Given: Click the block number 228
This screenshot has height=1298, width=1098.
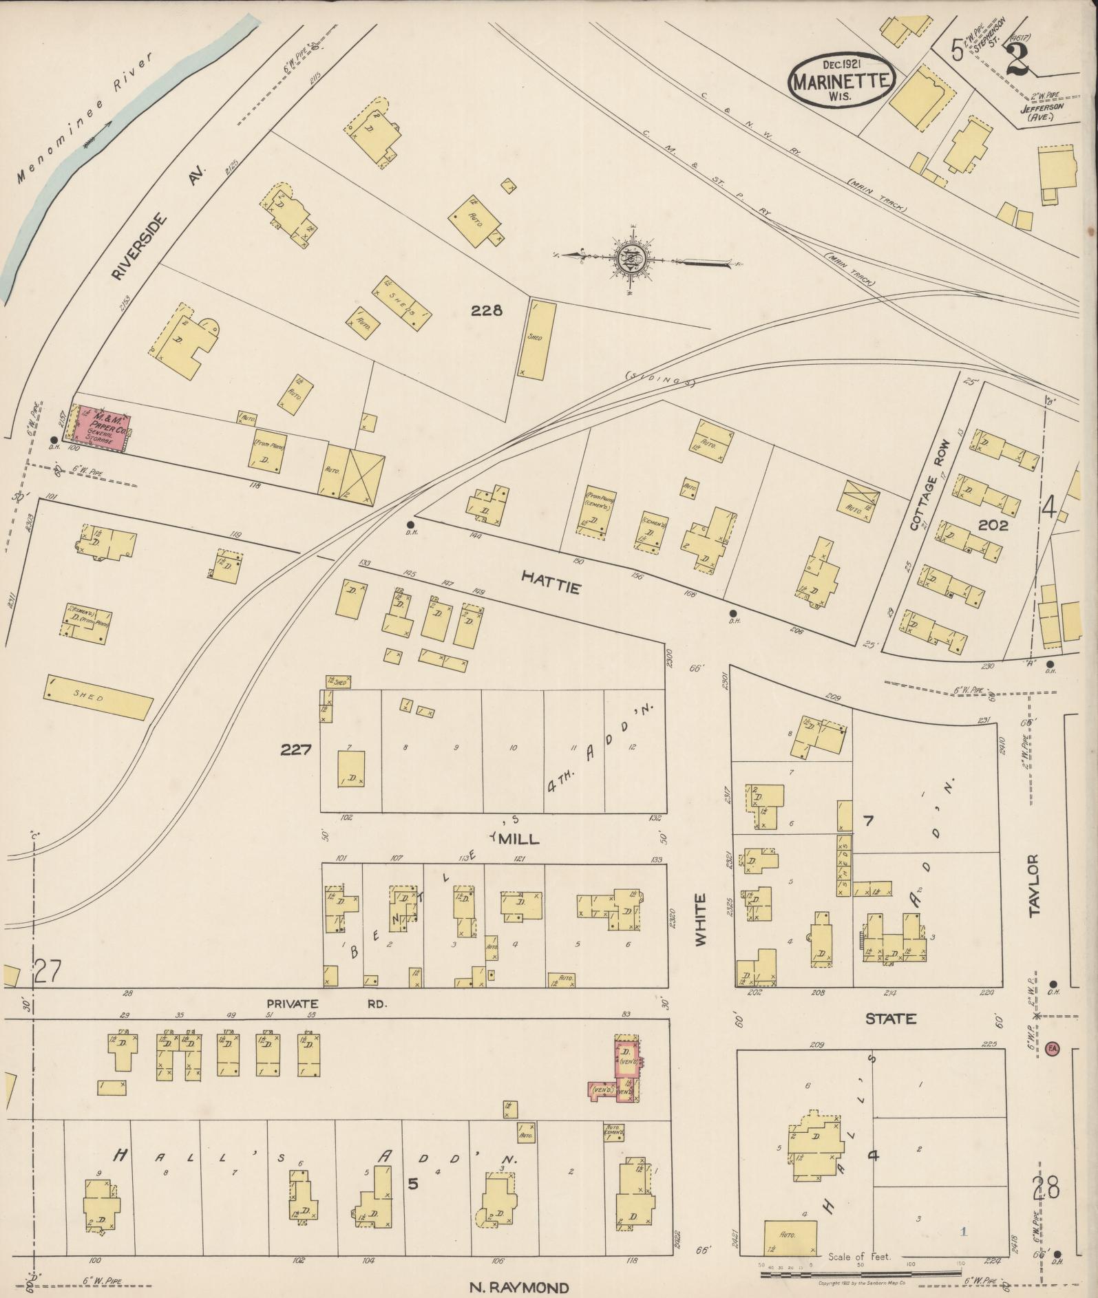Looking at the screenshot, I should [x=486, y=310].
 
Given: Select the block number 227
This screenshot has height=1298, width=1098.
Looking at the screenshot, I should [x=297, y=750].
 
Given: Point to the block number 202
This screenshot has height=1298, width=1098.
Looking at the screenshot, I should [x=992, y=525].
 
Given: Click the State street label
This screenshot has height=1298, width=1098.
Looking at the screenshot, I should [x=891, y=1019].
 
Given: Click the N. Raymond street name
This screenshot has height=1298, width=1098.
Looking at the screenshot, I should [x=519, y=1287].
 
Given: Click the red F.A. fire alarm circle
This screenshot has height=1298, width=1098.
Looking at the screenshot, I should [x=1052, y=1048].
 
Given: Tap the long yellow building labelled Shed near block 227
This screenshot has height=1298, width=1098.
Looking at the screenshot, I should [x=97, y=697].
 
